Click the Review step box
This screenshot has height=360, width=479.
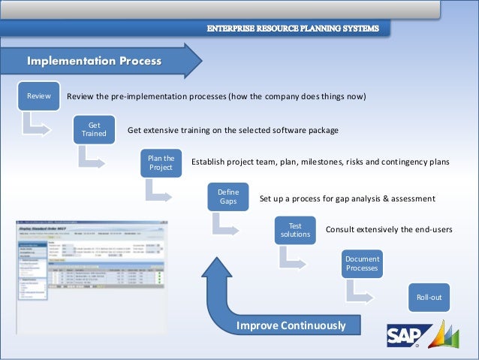coord(38,97)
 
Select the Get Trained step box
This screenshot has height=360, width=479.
coord(95,130)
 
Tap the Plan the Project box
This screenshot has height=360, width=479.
coord(161,163)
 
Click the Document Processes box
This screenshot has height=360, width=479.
coord(362,264)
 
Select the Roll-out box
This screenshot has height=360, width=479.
coord(429,298)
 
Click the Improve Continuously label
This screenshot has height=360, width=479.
coord(291,325)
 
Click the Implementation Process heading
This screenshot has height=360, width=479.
coord(94,60)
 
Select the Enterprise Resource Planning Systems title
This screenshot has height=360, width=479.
coord(298,29)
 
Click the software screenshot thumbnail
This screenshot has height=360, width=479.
coord(92,276)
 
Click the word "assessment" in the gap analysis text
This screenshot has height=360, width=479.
coord(409,198)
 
